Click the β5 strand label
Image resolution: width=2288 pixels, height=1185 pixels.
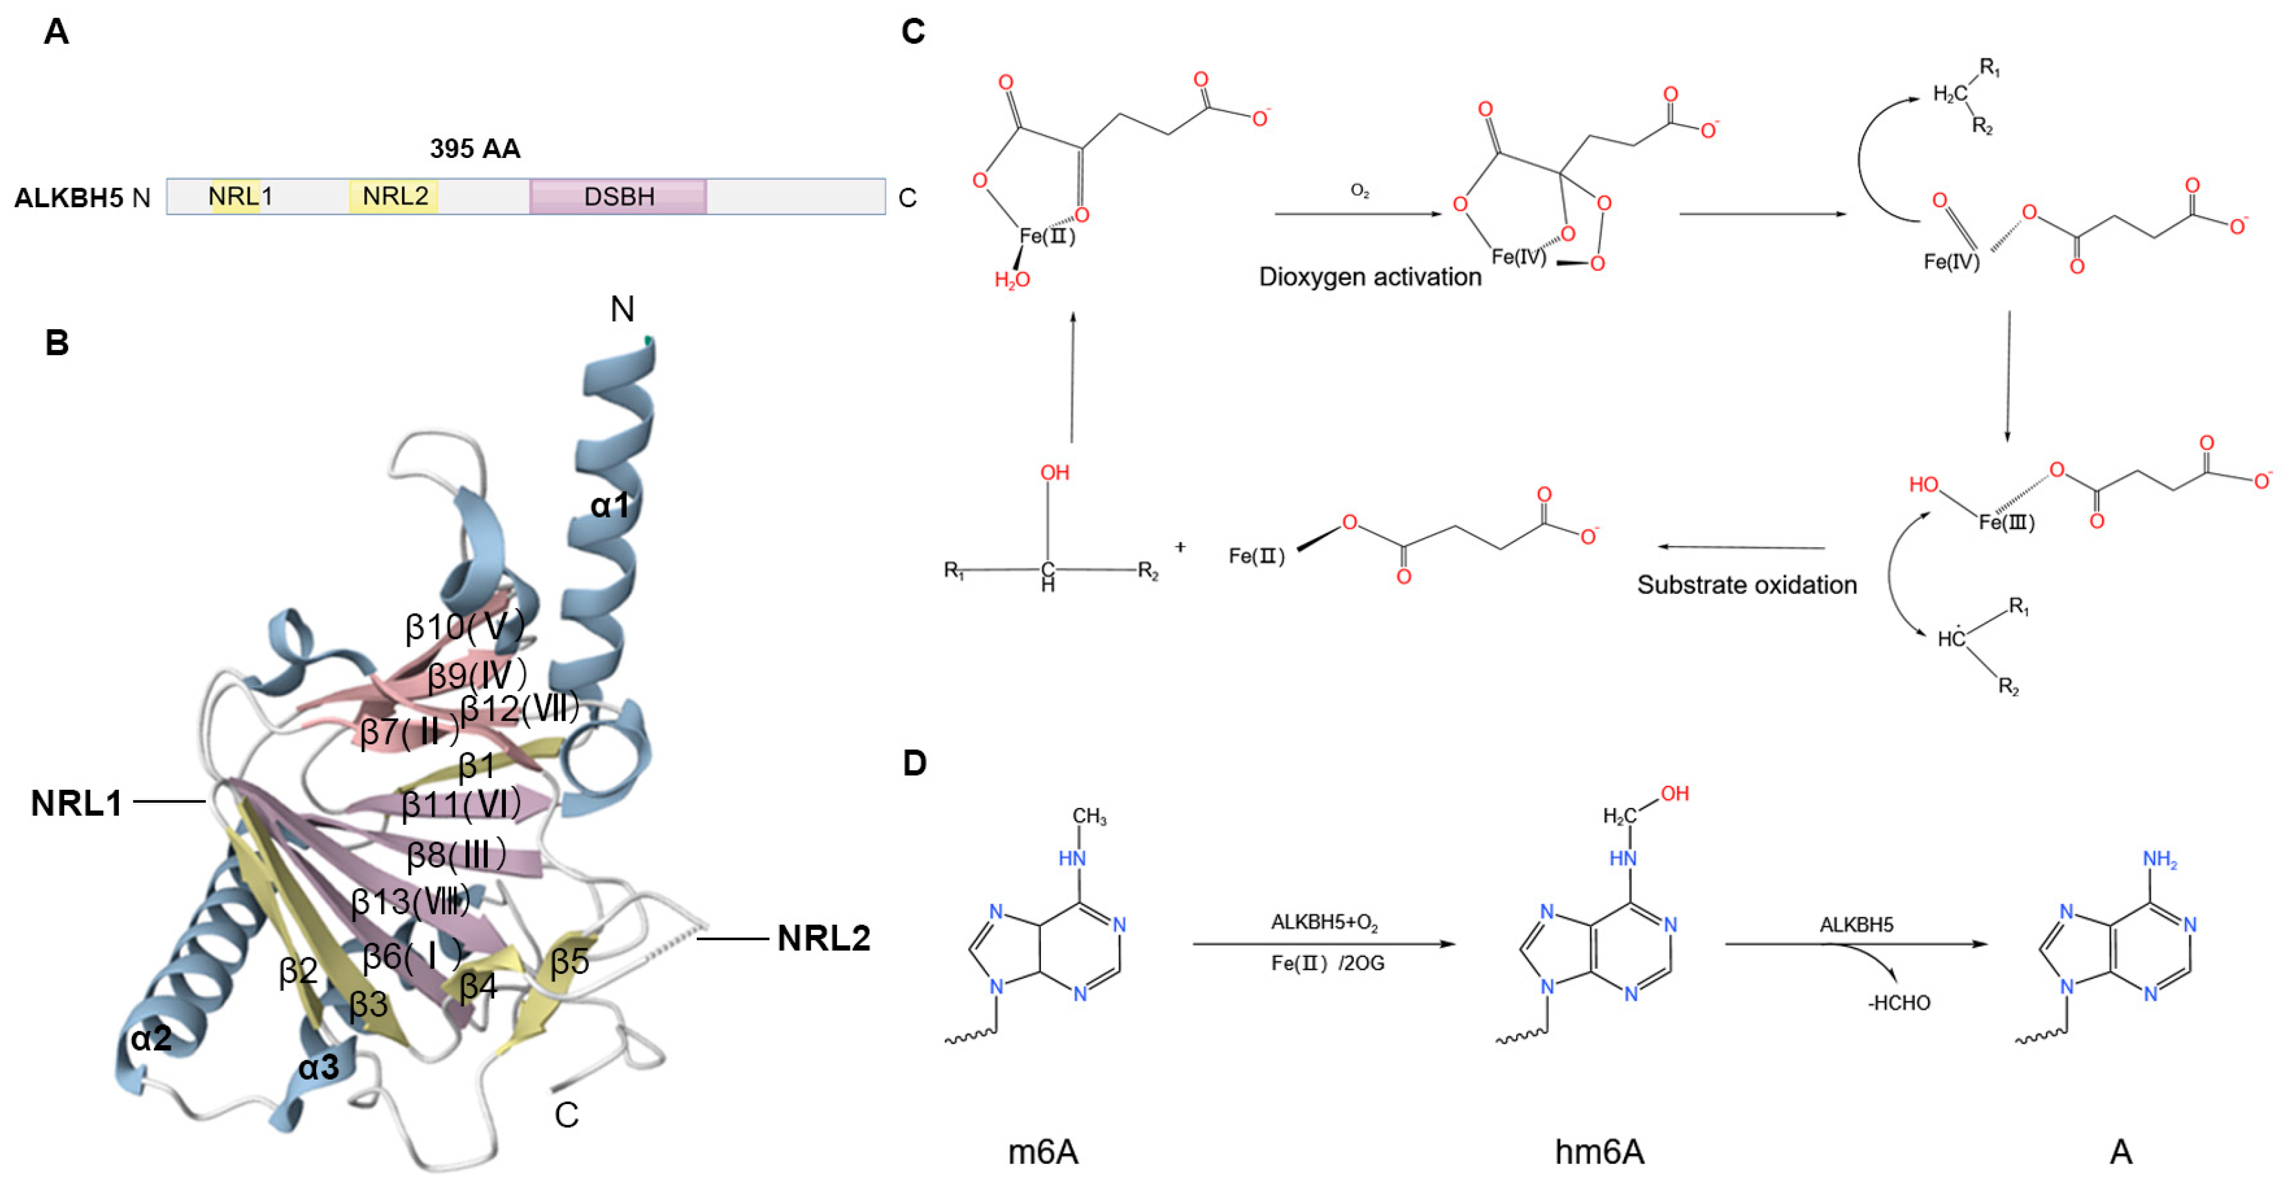(x=569, y=961)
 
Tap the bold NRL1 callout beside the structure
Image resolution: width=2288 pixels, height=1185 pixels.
(x=77, y=803)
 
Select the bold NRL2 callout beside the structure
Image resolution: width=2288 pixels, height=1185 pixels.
(x=823, y=938)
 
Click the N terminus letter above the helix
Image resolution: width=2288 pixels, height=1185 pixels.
(x=622, y=309)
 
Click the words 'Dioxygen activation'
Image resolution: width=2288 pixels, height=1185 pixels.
(x=1369, y=277)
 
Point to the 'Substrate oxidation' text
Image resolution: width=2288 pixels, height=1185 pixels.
(x=1746, y=585)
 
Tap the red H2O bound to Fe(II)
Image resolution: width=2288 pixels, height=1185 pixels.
(x=1012, y=281)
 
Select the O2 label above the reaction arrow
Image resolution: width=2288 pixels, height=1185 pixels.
(x=1359, y=191)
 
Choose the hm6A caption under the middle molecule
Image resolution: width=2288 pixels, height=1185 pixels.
(x=1599, y=1152)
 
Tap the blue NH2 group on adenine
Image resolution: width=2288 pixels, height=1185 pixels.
(x=2159, y=859)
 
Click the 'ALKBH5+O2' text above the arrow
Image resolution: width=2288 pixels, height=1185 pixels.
(x=1323, y=923)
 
